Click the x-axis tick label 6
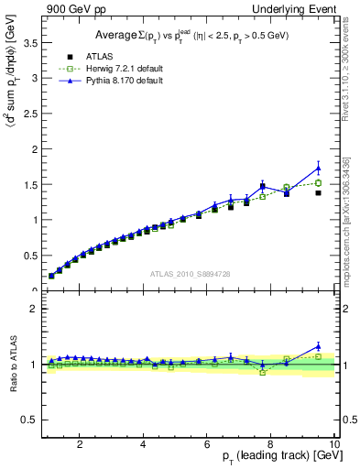207,444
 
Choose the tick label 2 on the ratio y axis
33,309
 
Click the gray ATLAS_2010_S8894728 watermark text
189,274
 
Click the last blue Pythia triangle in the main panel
318,168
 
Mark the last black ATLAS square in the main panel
318,193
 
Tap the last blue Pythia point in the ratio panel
318,346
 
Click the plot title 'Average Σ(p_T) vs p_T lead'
188,36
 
